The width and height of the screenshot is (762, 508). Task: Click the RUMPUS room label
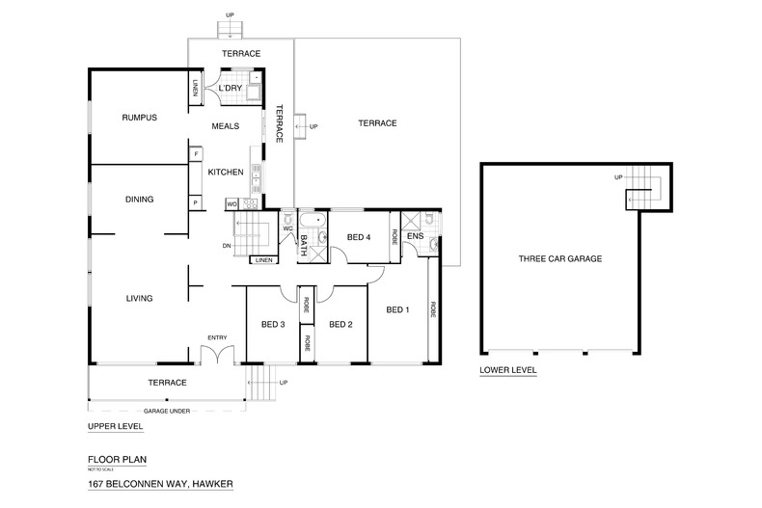pos(139,118)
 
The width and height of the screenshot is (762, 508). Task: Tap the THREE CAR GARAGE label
pos(559,259)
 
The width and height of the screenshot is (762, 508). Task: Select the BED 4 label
pos(359,237)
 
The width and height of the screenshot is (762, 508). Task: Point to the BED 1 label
pos(397,309)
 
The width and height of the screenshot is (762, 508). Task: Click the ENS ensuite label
pos(415,236)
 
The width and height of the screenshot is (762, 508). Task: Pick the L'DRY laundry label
pos(231,90)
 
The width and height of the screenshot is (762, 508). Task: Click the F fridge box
pos(195,153)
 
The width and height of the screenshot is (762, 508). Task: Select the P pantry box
pos(195,203)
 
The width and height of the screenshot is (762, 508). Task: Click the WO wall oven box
pos(231,204)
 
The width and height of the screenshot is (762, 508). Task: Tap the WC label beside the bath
pos(287,228)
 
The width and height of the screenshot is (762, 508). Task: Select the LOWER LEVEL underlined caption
pos(507,370)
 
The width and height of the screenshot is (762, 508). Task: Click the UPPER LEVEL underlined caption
pos(115,425)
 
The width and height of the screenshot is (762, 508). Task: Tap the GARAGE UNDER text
pos(165,411)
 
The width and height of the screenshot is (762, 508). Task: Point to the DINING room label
pos(140,200)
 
